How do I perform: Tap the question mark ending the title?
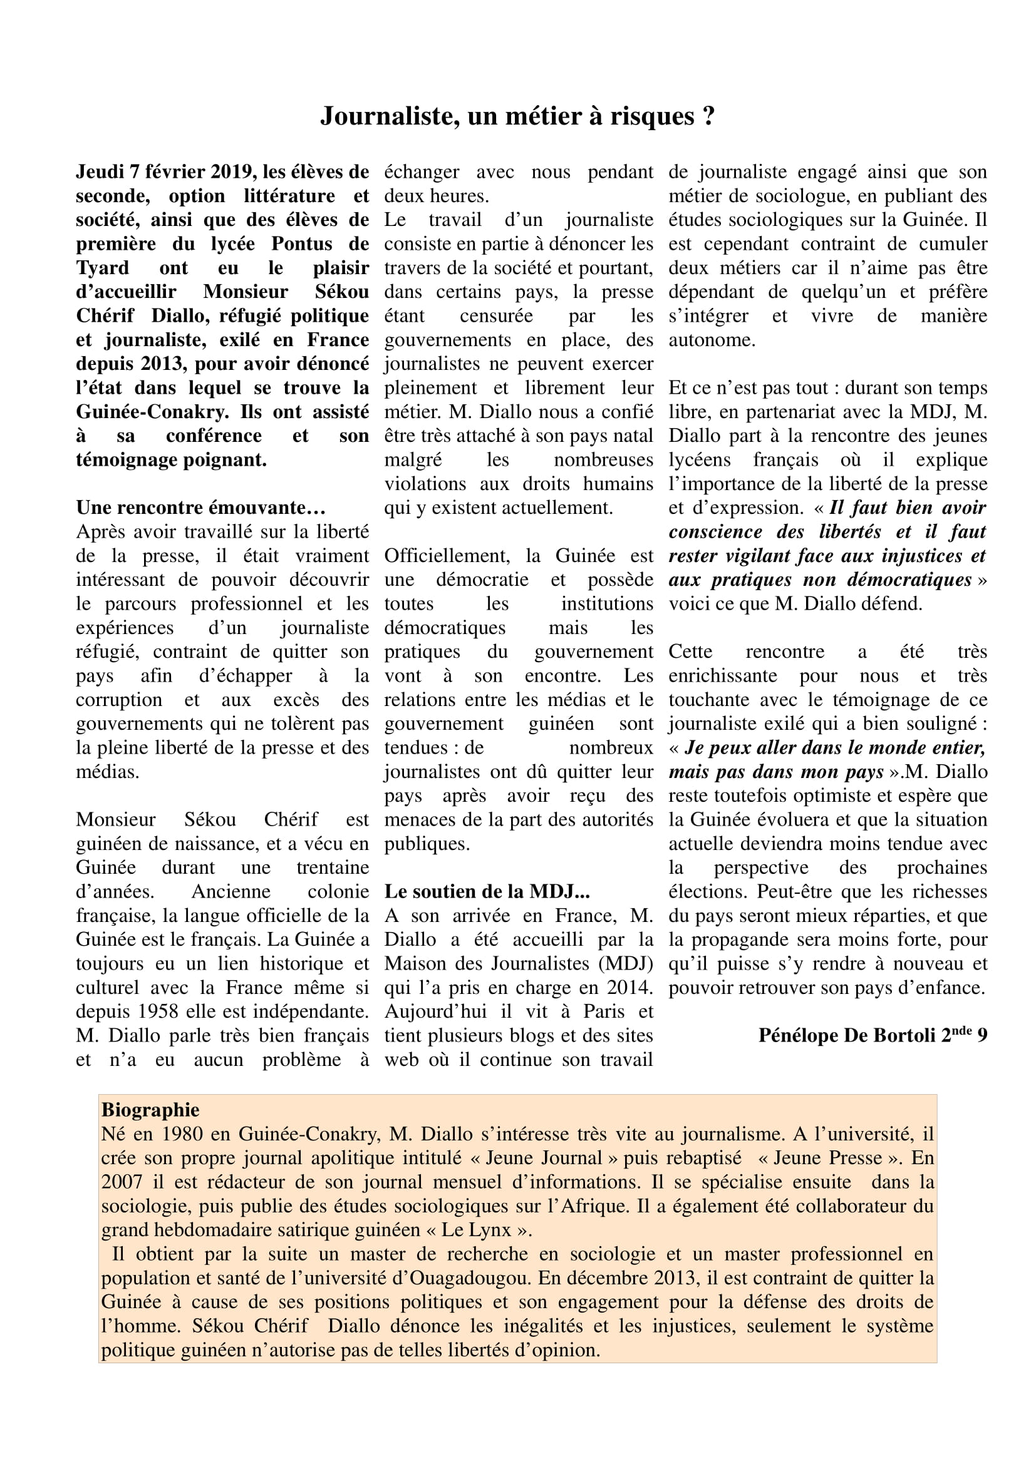[708, 116]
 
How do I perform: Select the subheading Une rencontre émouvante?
[200, 508]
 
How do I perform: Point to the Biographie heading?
[150, 1110]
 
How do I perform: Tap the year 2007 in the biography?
[122, 1182]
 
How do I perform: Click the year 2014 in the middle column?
[628, 988]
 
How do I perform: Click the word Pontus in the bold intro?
[302, 244]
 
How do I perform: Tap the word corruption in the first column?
[119, 700]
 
